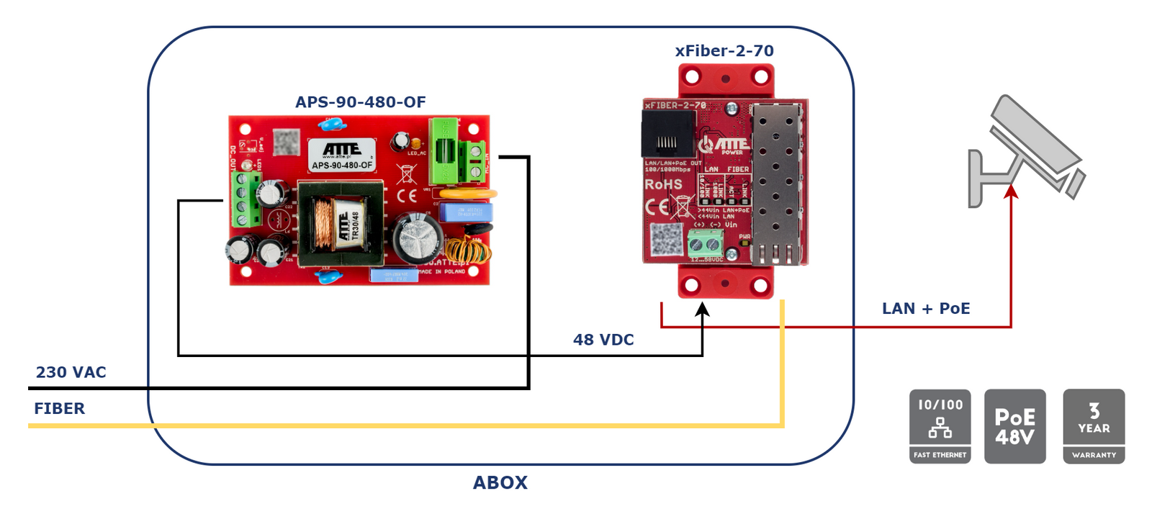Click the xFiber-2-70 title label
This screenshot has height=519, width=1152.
[x=724, y=51]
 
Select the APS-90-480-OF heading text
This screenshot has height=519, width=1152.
[x=360, y=102]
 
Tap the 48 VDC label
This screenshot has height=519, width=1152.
[x=603, y=340]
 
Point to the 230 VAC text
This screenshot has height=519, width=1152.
[x=71, y=372]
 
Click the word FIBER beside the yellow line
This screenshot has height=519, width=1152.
[x=59, y=409]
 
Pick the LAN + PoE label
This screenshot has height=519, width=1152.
[x=926, y=309]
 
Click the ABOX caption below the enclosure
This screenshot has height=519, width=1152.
[x=500, y=482]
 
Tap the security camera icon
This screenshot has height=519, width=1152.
[x=1027, y=151]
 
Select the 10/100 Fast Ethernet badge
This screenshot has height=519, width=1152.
[x=940, y=426]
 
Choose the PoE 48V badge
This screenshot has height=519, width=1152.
[x=1014, y=426]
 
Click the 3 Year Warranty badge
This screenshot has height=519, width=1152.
[x=1093, y=426]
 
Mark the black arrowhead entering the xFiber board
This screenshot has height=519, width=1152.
[x=702, y=309]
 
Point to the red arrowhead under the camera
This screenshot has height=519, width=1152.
[x=1011, y=191]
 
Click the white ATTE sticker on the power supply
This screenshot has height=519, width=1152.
[x=342, y=155]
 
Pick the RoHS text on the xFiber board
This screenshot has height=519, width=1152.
[x=663, y=185]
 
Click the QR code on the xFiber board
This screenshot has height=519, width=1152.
[x=666, y=240]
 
